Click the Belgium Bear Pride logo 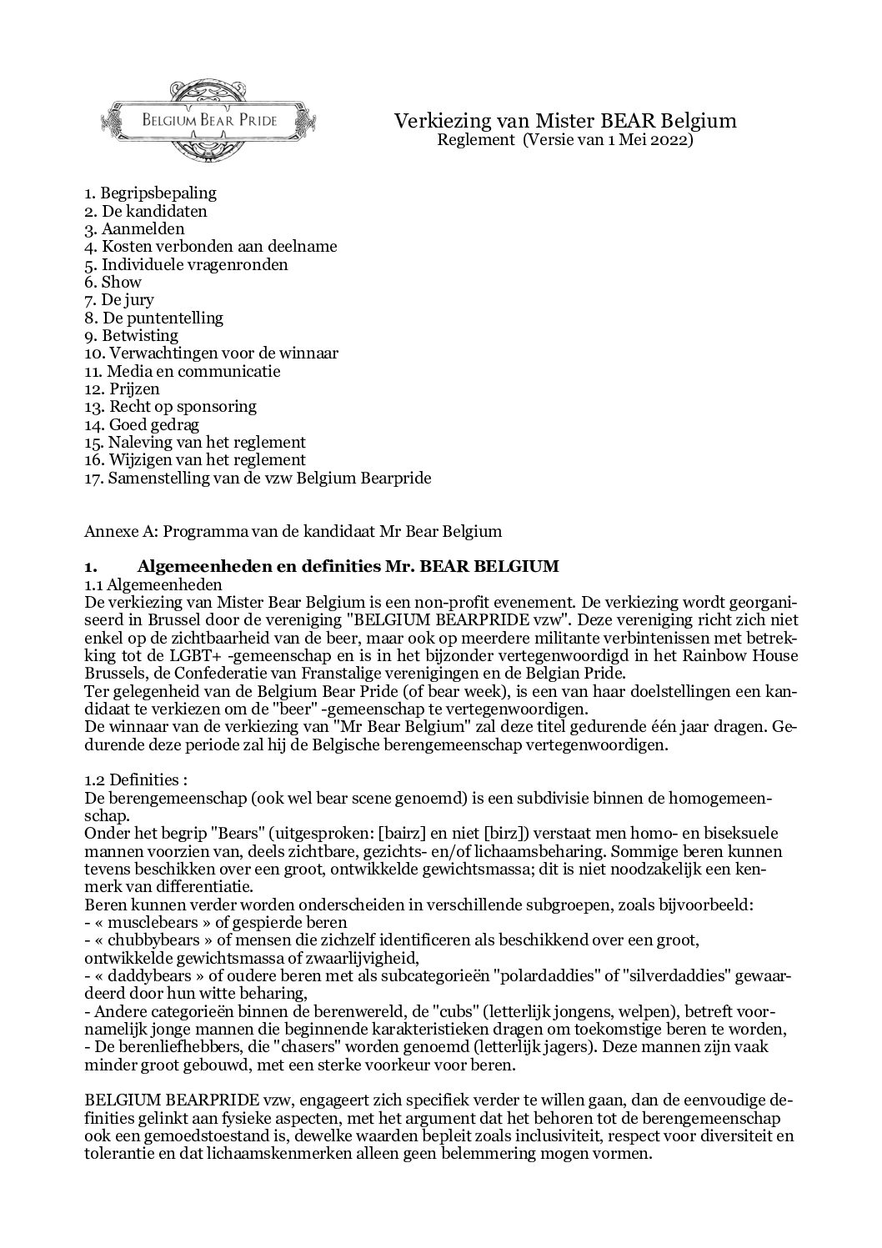(x=208, y=119)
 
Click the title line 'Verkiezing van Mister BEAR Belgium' (x=565, y=121)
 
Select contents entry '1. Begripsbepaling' (x=150, y=193)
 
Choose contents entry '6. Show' (x=113, y=282)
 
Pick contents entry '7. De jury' (x=119, y=299)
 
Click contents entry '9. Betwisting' (x=131, y=335)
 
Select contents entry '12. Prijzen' (x=122, y=388)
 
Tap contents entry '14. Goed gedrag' (x=142, y=424)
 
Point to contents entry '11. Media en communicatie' (x=182, y=371)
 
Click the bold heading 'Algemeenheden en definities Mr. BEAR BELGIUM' (x=348, y=567)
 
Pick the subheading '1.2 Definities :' (x=136, y=780)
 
